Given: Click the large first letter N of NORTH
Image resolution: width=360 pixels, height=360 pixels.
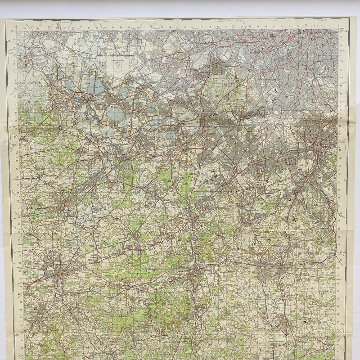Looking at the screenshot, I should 92,284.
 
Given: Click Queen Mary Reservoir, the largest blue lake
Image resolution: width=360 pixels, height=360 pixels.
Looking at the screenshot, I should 115,113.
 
